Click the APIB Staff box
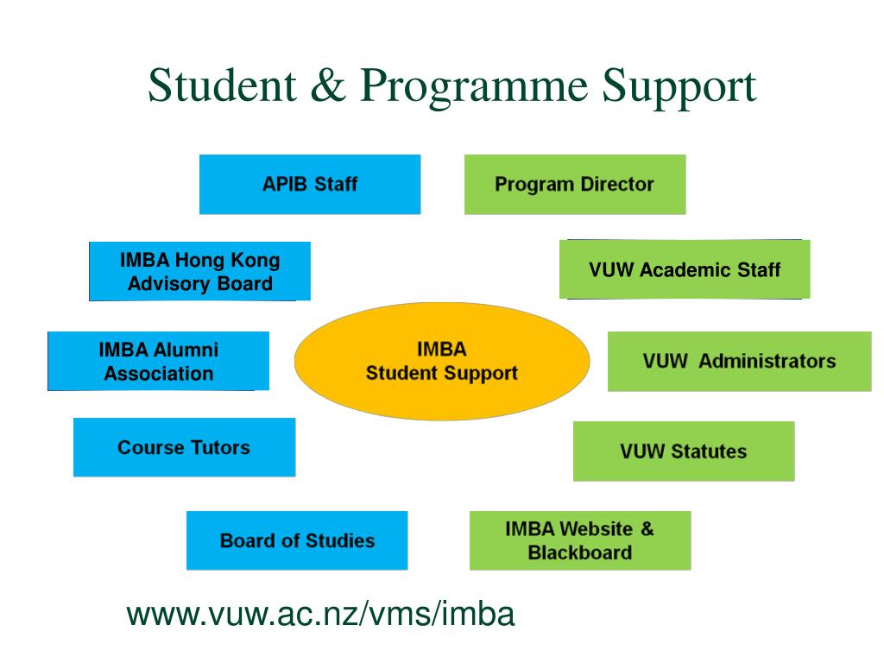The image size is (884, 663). pyautogui.click(x=309, y=184)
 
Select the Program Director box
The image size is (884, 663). pyautogui.click(x=574, y=184)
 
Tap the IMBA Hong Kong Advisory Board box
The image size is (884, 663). pyautogui.click(x=199, y=271)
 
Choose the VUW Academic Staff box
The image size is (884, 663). pyautogui.click(x=684, y=269)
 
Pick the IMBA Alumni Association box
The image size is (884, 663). pyautogui.click(x=158, y=361)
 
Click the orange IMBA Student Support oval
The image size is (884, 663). pyautogui.click(x=441, y=361)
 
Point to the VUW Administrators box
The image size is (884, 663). pyautogui.click(x=739, y=361)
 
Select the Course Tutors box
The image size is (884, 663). pyautogui.click(x=184, y=447)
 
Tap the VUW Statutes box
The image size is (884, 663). pyautogui.click(x=683, y=451)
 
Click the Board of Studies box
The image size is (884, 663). pyautogui.click(x=297, y=540)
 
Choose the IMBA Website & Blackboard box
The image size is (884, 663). pyautogui.click(x=579, y=540)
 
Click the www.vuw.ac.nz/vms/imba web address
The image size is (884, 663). pyautogui.click(x=320, y=615)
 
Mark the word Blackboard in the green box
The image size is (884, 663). pyautogui.click(x=579, y=552)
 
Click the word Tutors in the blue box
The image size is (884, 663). pyautogui.click(x=220, y=447)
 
